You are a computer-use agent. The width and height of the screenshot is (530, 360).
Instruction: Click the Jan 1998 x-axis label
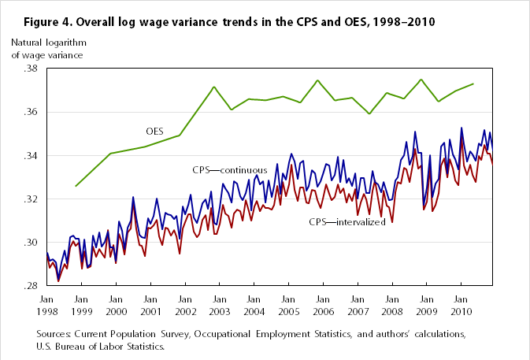coord(46,305)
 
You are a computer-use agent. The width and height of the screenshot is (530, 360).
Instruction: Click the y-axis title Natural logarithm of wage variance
coord(46,48)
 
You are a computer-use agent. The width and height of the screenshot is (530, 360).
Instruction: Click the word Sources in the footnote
coord(54,334)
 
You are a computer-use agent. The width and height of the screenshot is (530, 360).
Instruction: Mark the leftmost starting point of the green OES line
coord(76,186)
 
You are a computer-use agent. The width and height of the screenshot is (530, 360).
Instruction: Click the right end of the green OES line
coord(473,84)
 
